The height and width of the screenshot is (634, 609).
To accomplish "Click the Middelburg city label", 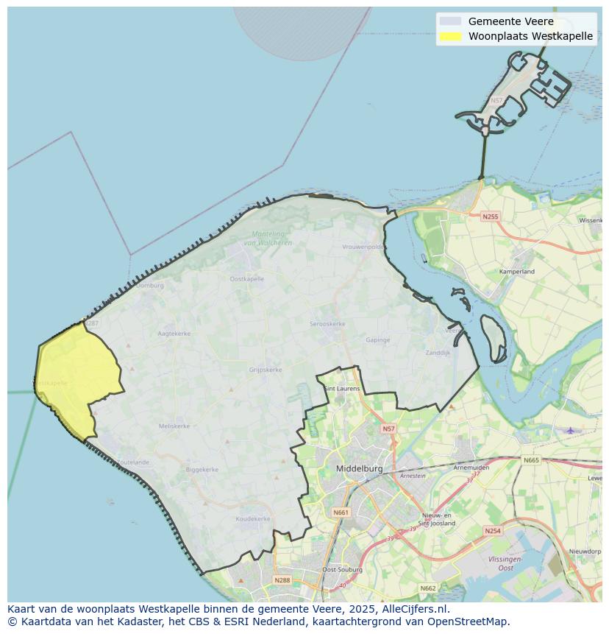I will (x=359, y=468).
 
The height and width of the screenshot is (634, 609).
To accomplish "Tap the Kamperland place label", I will (x=517, y=272).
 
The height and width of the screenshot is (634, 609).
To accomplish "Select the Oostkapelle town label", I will (x=246, y=279).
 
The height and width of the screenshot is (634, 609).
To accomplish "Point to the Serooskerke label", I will (x=327, y=324).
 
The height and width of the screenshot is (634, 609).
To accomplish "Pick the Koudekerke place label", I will (x=253, y=519).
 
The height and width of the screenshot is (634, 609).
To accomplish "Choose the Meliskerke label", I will (x=174, y=426).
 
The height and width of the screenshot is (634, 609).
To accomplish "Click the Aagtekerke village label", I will (x=174, y=334).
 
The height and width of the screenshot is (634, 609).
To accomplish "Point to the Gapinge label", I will (x=378, y=340).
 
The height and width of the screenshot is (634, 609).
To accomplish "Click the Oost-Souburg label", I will (x=340, y=570).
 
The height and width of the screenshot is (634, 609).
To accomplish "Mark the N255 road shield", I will (x=490, y=216).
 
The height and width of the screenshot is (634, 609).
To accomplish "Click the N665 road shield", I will (x=531, y=460).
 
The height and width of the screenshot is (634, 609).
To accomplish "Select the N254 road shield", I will (x=492, y=530).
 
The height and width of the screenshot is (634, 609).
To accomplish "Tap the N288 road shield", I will (x=282, y=580).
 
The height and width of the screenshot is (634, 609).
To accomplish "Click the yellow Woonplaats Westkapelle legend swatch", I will (x=450, y=36).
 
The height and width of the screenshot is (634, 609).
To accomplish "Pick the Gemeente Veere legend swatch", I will (x=450, y=21).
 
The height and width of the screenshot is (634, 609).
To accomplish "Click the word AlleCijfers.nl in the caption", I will (x=415, y=609).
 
